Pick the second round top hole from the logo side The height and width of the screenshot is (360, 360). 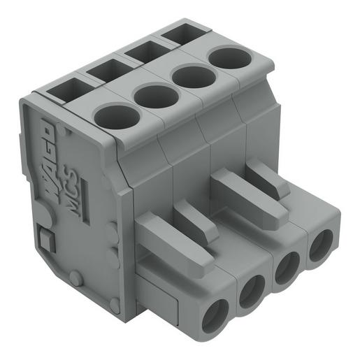[x=157, y=96]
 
